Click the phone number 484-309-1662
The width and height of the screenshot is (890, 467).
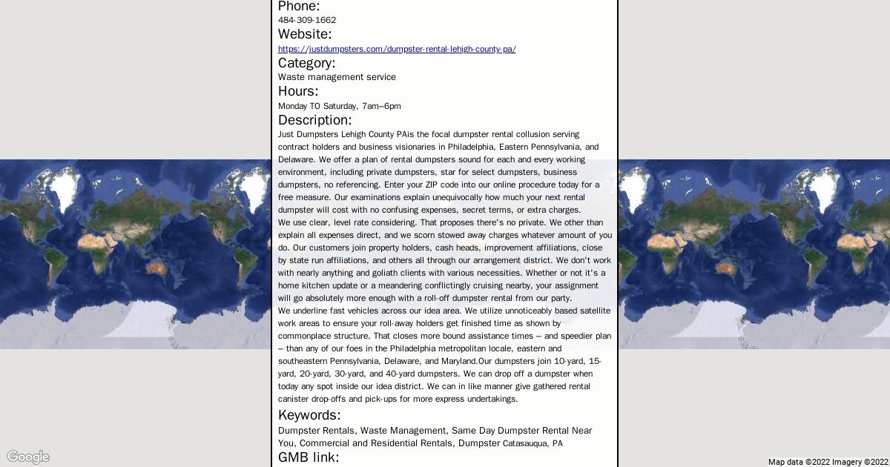(x=306, y=20)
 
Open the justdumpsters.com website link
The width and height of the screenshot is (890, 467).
(x=397, y=49)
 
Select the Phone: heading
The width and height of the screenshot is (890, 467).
(x=299, y=7)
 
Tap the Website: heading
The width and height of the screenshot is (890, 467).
(x=305, y=34)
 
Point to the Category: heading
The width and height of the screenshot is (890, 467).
(x=306, y=63)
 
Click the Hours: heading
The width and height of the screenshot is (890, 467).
(x=298, y=91)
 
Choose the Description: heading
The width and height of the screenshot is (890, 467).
(x=314, y=120)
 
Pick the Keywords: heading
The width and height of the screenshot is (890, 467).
(x=309, y=415)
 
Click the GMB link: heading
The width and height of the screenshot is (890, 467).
(x=309, y=457)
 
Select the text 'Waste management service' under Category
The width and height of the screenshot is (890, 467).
(x=337, y=77)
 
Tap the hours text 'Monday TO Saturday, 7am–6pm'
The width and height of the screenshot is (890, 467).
(x=339, y=106)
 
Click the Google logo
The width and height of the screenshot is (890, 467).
(x=28, y=457)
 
